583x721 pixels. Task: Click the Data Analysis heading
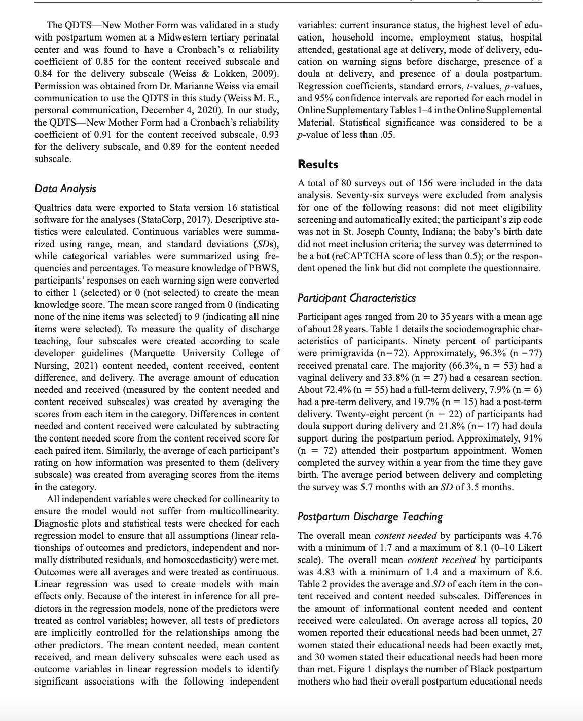pyautogui.click(x=65, y=189)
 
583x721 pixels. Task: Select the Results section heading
pyautogui.click(x=318, y=164)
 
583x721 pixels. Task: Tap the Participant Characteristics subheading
pyautogui.click(x=356, y=298)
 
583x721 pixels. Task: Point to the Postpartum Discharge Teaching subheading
pyautogui.click(x=370, y=517)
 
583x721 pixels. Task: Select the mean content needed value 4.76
pyautogui.click(x=531, y=536)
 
